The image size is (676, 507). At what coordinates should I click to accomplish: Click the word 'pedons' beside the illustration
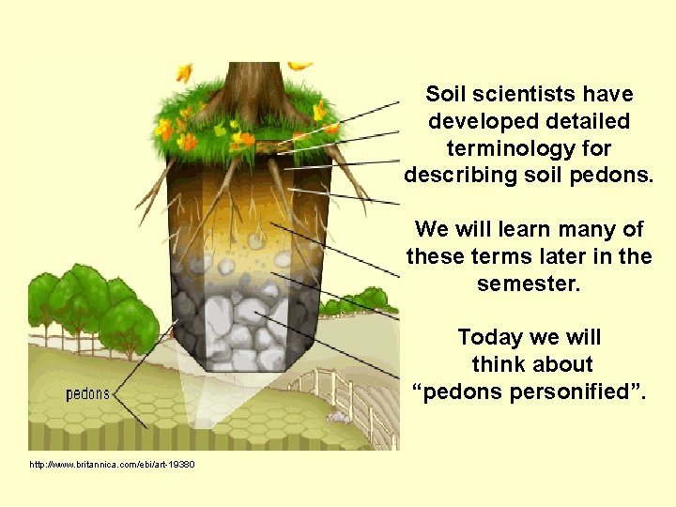coord(86,393)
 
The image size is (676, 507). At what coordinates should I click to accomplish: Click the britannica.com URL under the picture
coord(112,465)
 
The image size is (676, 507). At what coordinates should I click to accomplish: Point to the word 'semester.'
coord(529,284)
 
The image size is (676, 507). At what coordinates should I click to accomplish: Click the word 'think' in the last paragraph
coord(498,364)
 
